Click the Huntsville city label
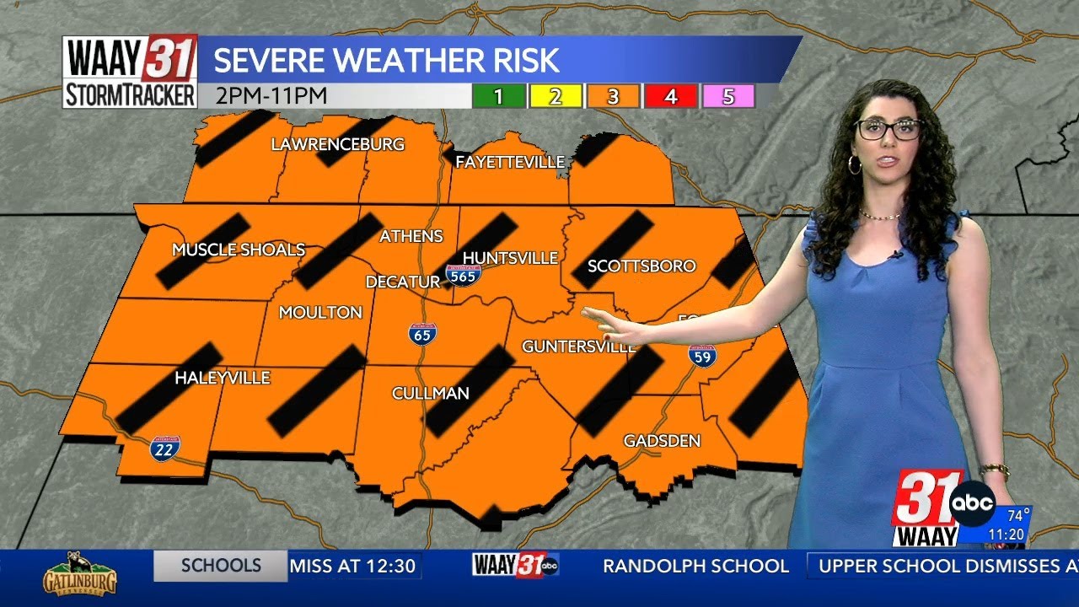coord(511,257)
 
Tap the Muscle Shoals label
coord(238,250)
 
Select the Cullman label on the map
coord(430,394)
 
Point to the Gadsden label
coord(662,441)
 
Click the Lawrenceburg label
coord(337,144)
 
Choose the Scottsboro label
coord(641,266)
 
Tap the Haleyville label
coord(222,379)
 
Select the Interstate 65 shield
coord(422,333)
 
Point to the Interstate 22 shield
coord(165,448)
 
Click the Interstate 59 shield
coord(701,356)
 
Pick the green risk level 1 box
coord(498,97)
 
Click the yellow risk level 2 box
coord(556,97)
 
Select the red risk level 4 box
coord(670,97)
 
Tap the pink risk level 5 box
coord(727,97)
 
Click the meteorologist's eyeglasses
coord(889,129)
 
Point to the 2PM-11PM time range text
coord(271,96)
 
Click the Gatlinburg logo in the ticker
coord(79,573)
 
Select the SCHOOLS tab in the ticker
coord(221,566)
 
